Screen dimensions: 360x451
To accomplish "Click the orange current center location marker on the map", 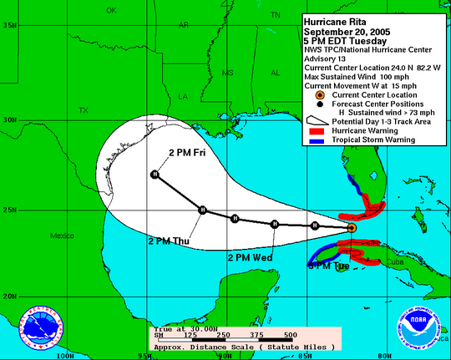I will [x=352, y=227].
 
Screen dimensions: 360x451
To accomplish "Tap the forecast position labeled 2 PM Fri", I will [x=155, y=175].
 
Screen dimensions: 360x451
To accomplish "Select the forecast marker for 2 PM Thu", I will [x=201, y=210].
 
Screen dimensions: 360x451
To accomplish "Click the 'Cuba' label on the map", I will [x=415, y=261].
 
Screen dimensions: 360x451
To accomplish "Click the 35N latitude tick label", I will [x=10, y=25].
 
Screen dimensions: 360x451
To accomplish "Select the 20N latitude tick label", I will [x=10, y=296].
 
